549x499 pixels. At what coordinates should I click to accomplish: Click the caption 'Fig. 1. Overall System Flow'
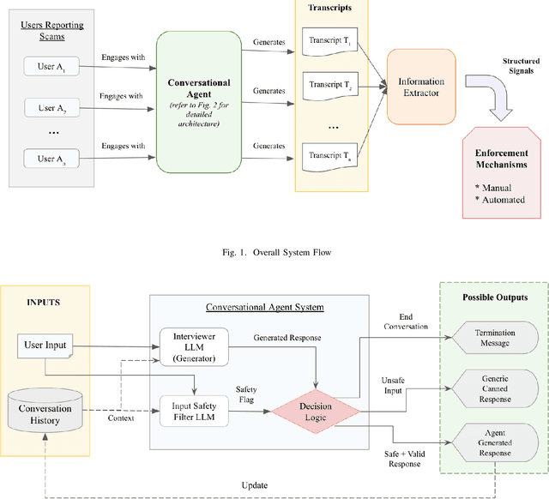click(274, 253)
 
